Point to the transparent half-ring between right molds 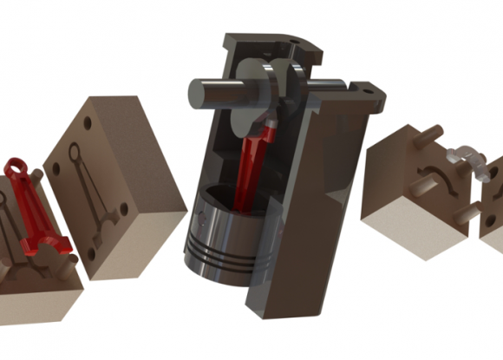click(463, 158)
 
